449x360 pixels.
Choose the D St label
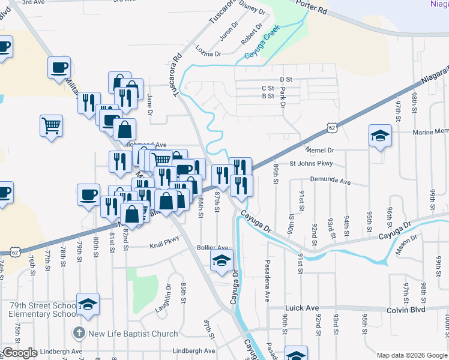pos(286,79)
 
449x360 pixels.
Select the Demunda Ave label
pos(330,180)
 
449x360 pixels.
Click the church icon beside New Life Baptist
pos(78,333)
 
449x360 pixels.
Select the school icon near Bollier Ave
pos(221,261)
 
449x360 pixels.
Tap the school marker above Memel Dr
pos(380,136)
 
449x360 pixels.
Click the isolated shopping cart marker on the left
pos(51,126)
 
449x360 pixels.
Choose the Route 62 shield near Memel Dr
pos(332,127)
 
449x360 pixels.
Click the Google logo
pos(19,353)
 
